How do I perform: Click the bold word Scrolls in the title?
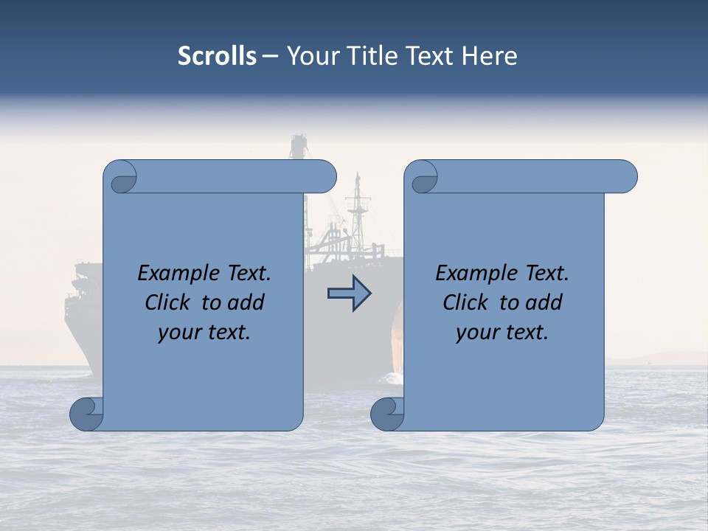(218, 56)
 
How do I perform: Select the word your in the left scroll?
(178, 333)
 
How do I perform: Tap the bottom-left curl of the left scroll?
(86, 414)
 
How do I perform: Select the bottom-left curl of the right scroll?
(387, 414)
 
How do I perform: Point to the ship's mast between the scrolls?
(358, 210)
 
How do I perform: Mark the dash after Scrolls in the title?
(271, 56)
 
